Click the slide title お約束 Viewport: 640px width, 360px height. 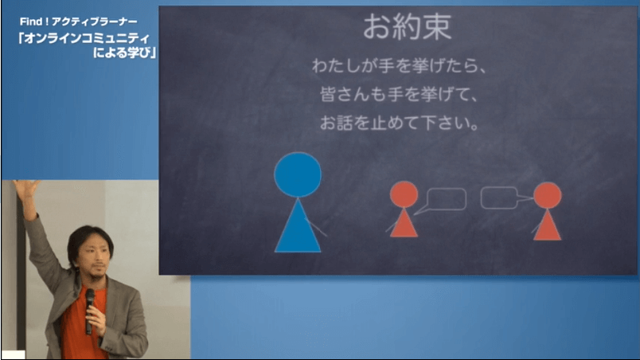point(408,27)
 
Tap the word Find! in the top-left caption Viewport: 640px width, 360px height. point(34,22)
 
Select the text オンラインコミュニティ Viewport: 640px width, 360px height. point(87,38)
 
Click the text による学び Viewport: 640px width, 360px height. point(122,53)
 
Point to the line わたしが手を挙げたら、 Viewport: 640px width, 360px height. point(400,66)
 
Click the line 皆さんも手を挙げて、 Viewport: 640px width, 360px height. point(399,94)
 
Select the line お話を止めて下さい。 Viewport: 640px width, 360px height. point(400,123)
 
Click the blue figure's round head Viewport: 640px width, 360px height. point(298,174)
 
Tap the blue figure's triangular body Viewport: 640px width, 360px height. point(298,229)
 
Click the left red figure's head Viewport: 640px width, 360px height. point(404,194)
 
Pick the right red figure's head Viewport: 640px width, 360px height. point(548,195)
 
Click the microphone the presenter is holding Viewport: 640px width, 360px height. point(89,311)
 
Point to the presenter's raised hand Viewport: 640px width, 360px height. point(27,192)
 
